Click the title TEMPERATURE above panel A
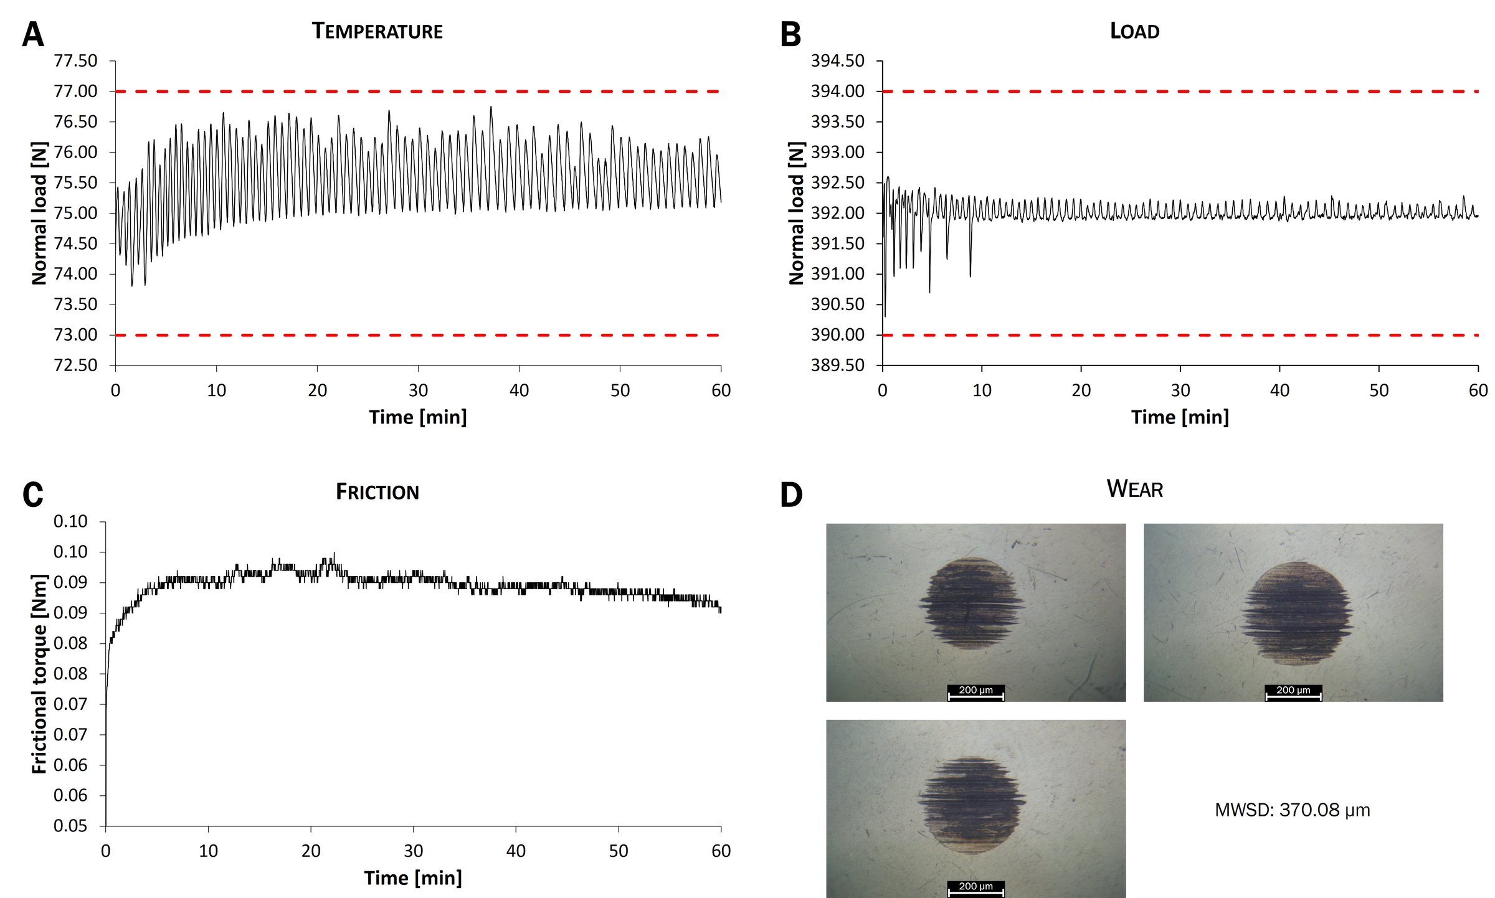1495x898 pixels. (377, 31)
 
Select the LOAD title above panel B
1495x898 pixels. (1134, 31)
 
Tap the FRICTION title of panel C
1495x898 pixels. (377, 492)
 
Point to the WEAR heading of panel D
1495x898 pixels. (1134, 489)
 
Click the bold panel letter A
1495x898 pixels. (33, 34)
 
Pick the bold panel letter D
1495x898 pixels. (791, 495)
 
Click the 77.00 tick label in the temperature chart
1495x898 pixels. (75, 92)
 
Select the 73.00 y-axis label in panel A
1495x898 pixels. (75, 335)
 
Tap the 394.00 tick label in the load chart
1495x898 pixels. (837, 92)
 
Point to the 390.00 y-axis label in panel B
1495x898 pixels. (837, 335)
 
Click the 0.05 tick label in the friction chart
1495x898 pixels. (70, 826)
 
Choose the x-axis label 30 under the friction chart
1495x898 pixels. (413, 851)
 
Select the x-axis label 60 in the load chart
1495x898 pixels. (1478, 390)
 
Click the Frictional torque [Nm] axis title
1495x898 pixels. (39, 674)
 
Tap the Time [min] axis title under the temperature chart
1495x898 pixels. (417, 417)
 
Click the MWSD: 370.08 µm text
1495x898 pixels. (1292, 810)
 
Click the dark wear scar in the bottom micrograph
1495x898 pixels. (972, 805)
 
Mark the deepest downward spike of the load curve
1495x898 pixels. (885, 314)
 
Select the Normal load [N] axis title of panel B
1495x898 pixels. (796, 213)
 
